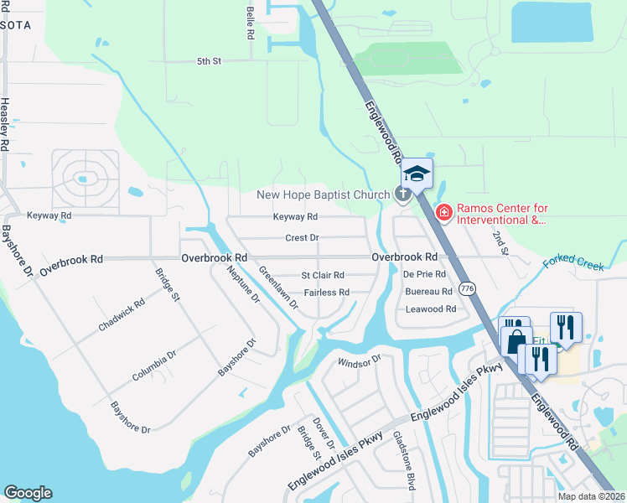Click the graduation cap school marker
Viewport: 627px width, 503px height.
[417, 174]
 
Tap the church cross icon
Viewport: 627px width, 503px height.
[402, 195]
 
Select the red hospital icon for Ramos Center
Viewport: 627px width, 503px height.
[443, 213]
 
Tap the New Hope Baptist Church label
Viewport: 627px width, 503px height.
[323, 195]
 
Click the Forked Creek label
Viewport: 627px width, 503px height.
[573, 263]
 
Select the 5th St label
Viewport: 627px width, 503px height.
[208, 61]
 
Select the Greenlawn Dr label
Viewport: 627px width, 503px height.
[278, 288]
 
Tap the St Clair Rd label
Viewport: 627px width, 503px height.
[323, 275]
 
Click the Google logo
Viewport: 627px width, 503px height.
[28, 493]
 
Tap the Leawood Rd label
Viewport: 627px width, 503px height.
[430, 309]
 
